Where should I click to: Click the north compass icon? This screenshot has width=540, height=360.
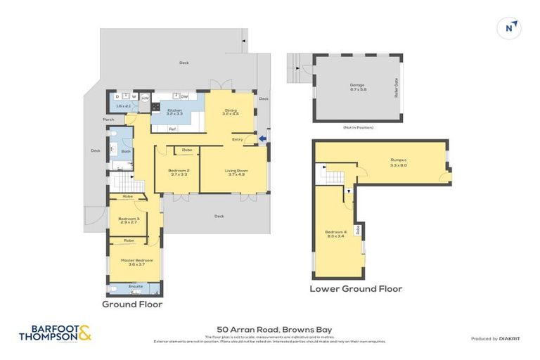point(509,28)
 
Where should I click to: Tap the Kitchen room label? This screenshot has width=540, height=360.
point(174,110)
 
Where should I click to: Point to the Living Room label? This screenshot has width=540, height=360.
point(236,171)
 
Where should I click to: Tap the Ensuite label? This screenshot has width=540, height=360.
point(136,286)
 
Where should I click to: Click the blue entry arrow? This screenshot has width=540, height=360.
point(262,139)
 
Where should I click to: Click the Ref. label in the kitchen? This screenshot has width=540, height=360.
point(172,129)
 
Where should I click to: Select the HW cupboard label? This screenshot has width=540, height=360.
point(145,98)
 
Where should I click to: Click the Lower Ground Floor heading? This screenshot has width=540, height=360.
point(356,289)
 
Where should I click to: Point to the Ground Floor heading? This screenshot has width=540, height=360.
point(132,304)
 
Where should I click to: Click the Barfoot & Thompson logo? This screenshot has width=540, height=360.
point(56,333)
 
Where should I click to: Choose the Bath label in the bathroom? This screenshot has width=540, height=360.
point(126,151)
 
